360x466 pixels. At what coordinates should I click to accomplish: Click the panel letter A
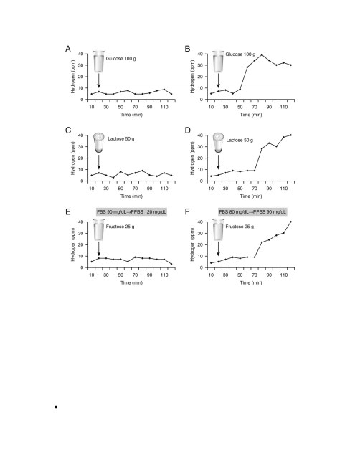coord(68,49)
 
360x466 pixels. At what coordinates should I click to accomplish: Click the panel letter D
coord(187,130)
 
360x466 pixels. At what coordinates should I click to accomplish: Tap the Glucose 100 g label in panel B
coord(240,54)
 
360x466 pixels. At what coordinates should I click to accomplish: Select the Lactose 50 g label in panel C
coord(120,139)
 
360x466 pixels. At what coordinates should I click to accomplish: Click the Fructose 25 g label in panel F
coord(240,227)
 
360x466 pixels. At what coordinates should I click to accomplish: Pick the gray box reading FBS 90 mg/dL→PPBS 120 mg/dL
coord(131,212)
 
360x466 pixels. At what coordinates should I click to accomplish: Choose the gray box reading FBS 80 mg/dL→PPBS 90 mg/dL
coord(252,212)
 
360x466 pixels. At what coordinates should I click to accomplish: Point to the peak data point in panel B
coord(262,54)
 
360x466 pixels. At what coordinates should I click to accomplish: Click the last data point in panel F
coord(290,222)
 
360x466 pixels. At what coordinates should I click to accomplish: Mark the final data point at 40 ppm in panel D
coord(290,135)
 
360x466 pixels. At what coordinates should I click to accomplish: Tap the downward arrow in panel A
coord(99,80)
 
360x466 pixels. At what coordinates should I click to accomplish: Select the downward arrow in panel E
coord(99,249)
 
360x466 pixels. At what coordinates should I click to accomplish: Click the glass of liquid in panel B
coord(218,62)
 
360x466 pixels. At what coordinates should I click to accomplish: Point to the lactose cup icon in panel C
coord(99,143)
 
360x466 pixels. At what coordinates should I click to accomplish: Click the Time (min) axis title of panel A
coord(131,115)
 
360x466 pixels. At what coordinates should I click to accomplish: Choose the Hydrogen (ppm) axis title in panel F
coord(192,244)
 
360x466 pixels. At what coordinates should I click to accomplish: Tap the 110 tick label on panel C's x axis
coord(164,189)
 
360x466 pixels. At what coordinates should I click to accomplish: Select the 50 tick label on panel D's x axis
coord(240,189)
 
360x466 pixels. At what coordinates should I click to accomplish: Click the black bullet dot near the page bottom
coord(56,407)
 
